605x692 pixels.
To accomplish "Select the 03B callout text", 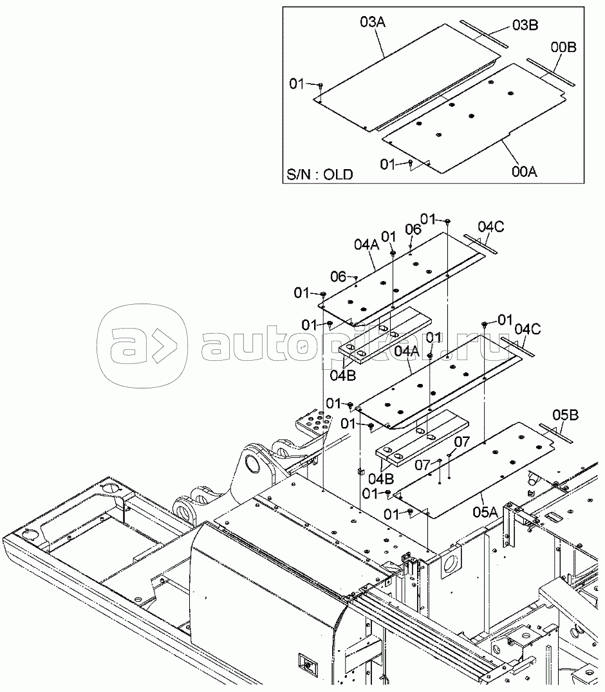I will [x=525, y=25].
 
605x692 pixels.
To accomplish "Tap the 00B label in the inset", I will [x=563, y=47].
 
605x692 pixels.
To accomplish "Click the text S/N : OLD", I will [x=320, y=175].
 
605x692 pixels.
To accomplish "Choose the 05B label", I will [x=565, y=415].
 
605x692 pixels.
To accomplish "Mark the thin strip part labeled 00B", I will [x=552, y=71].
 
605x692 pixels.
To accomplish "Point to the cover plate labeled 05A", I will [x=476, y=469].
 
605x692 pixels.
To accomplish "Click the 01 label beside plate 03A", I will [x=297, y=83].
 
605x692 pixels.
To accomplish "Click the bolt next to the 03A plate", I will [x=320, y=85].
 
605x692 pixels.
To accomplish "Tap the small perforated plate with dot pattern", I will [x=315, y=425].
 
